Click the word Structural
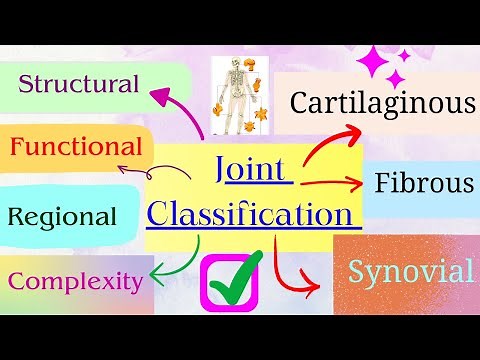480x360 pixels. [78, 84]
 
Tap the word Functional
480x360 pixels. [75, 148]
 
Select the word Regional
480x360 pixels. [62, 216]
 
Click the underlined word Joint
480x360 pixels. [254, 169]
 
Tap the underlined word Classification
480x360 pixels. [253, 213]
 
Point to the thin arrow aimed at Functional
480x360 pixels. [160, 170]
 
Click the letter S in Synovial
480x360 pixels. [358, 272]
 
